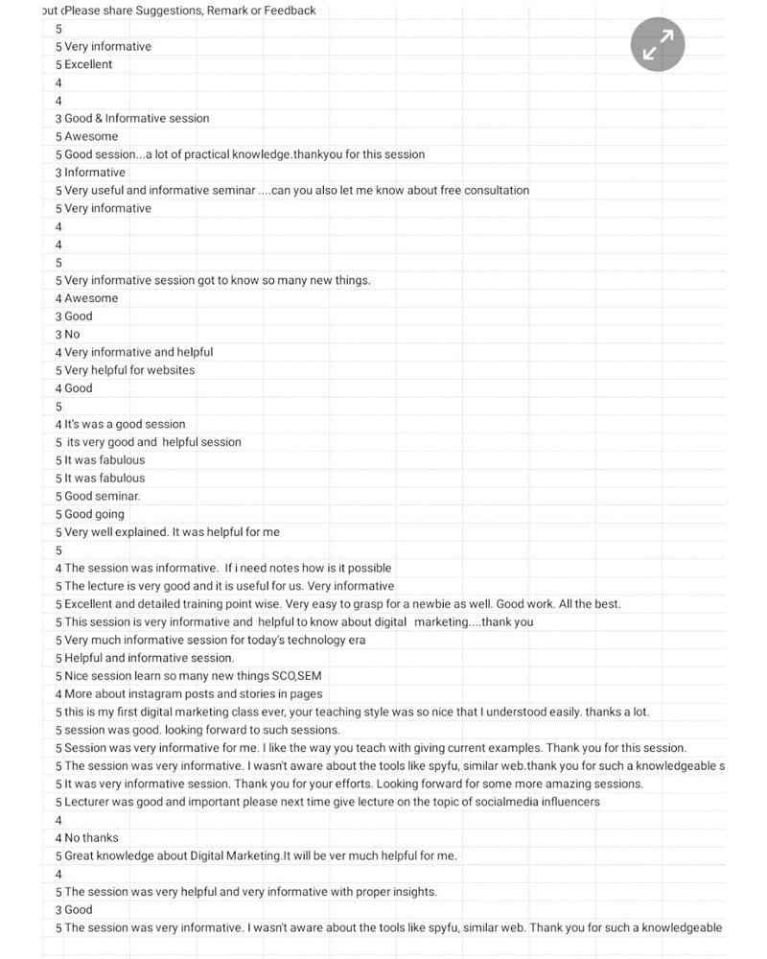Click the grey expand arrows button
(658, 44)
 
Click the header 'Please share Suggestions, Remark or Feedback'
(190, 11)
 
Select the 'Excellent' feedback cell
(88, 64)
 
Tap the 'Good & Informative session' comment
(136, 118)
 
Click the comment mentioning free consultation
(296, 190)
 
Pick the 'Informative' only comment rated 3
(95, 173)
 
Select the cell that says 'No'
(72, 334)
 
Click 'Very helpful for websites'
(129, 370)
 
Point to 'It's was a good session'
(125, 424)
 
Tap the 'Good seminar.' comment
(103, 496)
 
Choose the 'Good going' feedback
(94, 514)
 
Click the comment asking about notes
(227, 568)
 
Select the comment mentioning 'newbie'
(342, 604)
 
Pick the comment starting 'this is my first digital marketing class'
(356, 712)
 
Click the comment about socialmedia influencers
(332, 802)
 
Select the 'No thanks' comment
(91, 837)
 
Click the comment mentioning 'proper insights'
(250, 892)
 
